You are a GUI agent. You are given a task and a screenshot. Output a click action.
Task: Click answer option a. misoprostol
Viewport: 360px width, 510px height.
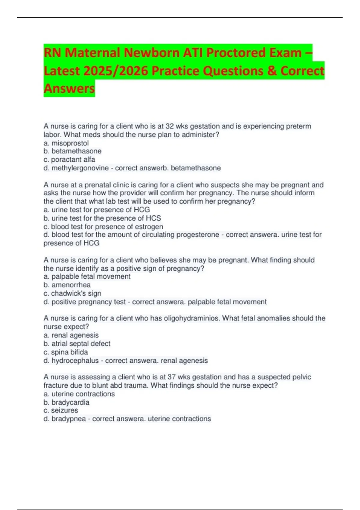pyautogui.click(x=66, y=143)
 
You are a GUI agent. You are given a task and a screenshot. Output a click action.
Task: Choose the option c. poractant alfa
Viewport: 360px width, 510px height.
pyautogui.click(x=69, y=160)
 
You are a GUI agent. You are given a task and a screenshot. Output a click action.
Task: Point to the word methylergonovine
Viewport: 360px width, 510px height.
pyautogui.click(x=80, y=168)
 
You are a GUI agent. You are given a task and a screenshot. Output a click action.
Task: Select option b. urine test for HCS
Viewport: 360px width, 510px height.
pyautogui.click(x=102, y=218)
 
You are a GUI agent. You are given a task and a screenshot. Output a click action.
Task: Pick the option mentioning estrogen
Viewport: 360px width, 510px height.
pyautogui.click(x=103, y=226)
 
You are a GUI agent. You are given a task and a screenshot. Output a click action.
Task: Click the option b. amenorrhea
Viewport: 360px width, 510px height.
pyautogui.click(x=67, y=285)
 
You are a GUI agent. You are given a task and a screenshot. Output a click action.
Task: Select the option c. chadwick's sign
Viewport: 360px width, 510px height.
pyautogui.click(x=72, y=293)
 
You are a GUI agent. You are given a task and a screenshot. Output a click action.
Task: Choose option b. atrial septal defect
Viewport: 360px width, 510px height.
pyautogui.click(x=77, y=343)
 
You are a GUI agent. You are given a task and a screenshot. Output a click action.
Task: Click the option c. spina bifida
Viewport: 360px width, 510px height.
pyautogui.click(x=66, y=352)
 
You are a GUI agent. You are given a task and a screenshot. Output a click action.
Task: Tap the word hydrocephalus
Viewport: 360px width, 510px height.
pyautogui.click(x=75, y=360)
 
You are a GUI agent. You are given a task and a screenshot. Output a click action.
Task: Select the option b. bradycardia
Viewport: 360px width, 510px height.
pyautogui.click(x=66, y=402)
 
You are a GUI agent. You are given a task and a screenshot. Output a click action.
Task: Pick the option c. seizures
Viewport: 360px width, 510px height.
pyautogui.click(x=61, y=410)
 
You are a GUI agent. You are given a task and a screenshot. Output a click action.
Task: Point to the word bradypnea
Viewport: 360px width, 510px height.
pyautogui.click(x=68, y=418)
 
